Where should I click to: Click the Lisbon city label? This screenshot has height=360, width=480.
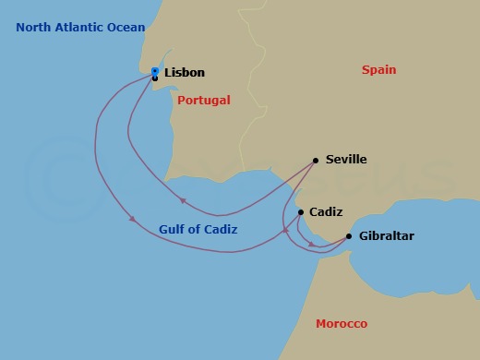(x=185, y=73)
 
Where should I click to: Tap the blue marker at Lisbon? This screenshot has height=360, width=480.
(x=155, y=71)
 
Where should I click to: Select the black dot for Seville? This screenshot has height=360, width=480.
(x=316, y=160)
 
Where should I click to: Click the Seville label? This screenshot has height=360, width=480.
(x=346, y=160)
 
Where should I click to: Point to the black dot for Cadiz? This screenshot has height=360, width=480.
(x=301, y=211)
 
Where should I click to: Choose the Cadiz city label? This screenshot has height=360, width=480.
(x=326, y=211)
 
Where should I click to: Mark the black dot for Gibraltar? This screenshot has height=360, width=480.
(x=348, y=236)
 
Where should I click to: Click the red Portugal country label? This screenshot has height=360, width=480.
(x=204, y=100)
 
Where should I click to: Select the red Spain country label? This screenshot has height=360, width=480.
(x=379, y=69)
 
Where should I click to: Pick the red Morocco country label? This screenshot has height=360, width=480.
(x=342, y=324)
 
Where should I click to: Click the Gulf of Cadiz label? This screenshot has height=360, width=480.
(x=198, y=229)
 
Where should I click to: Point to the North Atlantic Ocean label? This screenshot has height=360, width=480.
(x=80, y=28)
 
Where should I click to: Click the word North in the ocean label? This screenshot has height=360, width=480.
(x=34, y=28)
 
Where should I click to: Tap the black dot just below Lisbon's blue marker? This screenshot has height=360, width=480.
(x=154, y=78)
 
